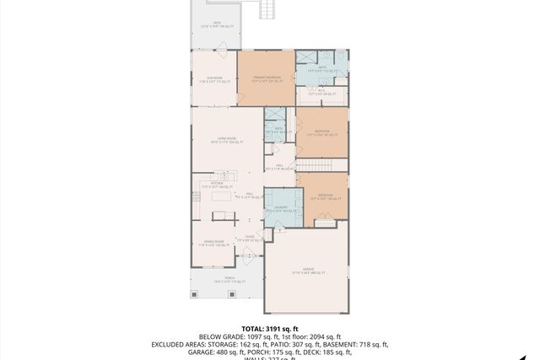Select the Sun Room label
[x=214, y=80]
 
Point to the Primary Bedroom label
[x=266, y=80]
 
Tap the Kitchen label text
[x=217, y=184]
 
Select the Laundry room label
[x=280, y=209]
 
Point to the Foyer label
[x=250, y=239]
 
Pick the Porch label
[x=217, y=281]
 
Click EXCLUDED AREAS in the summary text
[x=180, y=344]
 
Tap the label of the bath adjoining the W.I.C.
[x=323, y=68]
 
